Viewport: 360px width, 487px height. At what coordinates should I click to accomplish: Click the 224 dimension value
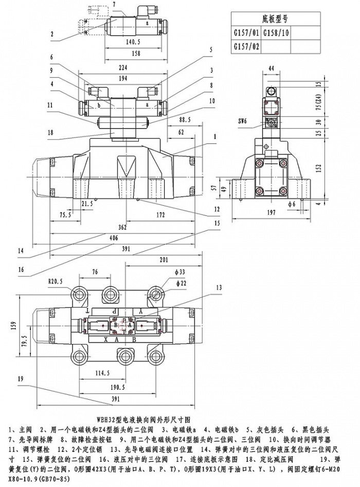point(123,67)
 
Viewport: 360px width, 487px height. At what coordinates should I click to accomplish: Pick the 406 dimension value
point(123,238)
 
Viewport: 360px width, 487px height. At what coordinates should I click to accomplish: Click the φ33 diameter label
point(181,272)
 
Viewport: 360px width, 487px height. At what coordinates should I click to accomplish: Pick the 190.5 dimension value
point(117,387)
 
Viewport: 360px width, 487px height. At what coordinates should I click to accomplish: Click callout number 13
point(220,287)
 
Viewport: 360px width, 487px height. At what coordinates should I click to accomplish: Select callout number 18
point(50,133)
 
